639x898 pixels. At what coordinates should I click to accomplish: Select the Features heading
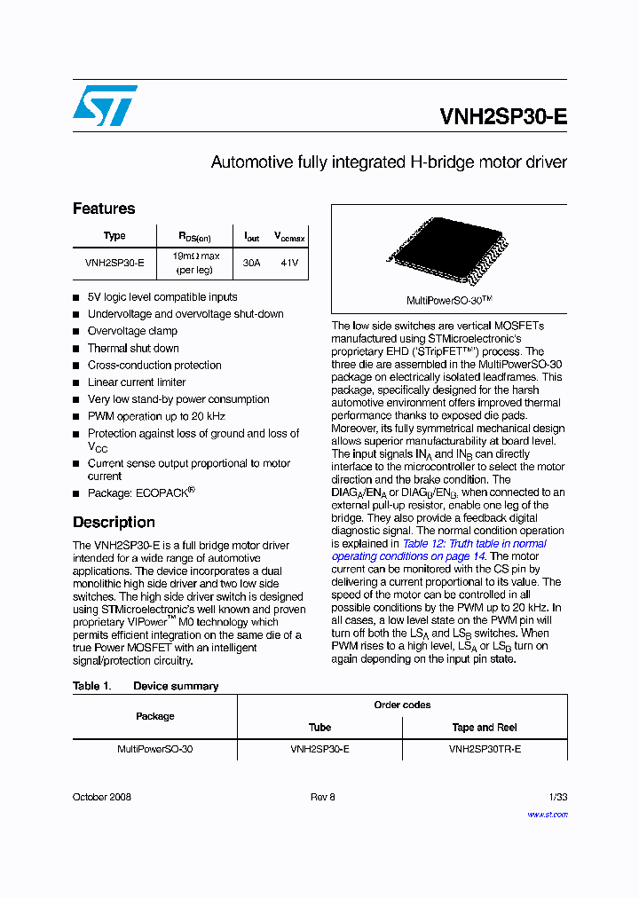(104, 209)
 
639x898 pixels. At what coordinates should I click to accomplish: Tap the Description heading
(114, 522)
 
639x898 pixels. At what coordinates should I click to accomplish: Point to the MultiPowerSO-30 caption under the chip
(449, 301)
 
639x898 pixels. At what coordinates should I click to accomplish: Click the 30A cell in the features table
(252, 263)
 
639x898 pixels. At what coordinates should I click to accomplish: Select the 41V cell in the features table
(289, 263)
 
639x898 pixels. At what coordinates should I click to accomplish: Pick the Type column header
(114, 236)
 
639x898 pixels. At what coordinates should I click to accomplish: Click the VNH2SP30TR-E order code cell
(485, 749)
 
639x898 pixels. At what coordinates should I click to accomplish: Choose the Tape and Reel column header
(485, 727)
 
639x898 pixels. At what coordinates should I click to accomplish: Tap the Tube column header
(319, 727)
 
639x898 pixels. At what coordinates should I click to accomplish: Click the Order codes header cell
(402, 705)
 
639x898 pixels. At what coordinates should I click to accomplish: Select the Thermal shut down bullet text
(133, 349)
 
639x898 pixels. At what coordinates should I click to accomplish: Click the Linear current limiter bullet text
(137, 382)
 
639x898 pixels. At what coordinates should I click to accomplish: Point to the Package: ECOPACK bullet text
(140, 492)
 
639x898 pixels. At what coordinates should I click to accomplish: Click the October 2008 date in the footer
(102, 797)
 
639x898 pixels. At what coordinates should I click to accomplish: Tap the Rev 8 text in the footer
(322, 797)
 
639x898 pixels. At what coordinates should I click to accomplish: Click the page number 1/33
(557, 797)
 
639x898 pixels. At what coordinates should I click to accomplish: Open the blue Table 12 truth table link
(474, 544)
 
